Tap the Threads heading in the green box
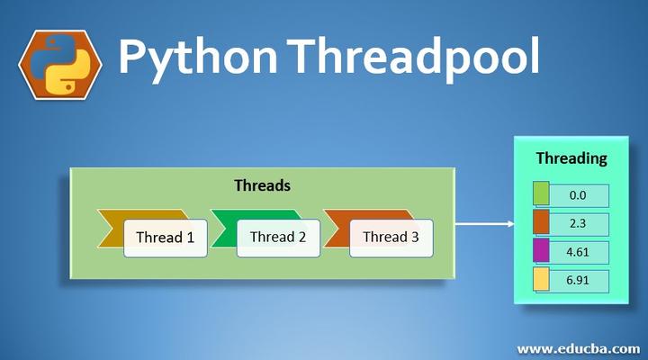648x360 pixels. click(262, 185)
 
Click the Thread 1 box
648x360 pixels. click(165, 238)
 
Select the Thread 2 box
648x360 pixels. click(278, 238)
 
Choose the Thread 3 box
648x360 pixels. click(391, 238)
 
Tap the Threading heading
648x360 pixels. click(571, 158)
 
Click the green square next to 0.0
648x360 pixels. click(541, 194)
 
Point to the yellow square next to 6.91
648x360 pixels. click(541, 280)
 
